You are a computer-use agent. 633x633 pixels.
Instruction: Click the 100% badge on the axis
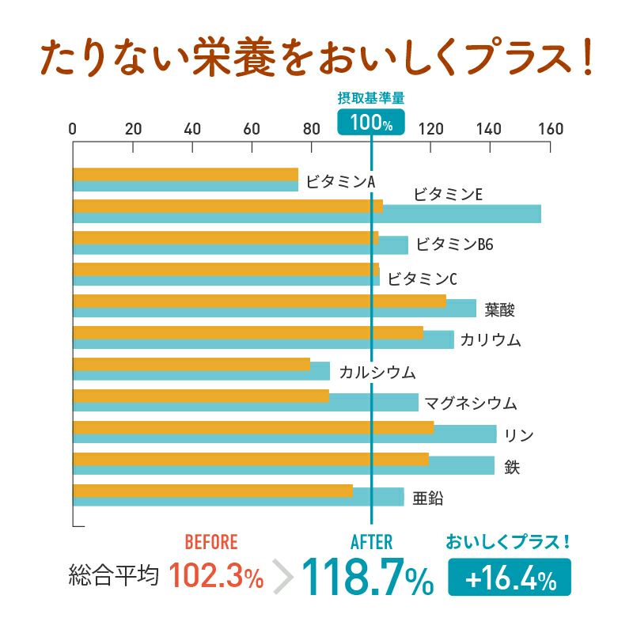pos(371,123)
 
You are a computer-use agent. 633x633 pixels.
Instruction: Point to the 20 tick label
pos(133,129)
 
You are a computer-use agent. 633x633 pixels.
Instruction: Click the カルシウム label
pos(377,372)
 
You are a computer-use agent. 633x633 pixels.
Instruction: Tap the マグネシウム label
pos(470,404)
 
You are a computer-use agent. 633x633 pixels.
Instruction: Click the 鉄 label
pos(512,467)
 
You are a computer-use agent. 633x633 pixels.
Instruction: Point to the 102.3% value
pos(215,576)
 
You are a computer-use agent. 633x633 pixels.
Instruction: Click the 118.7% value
pos(367,576)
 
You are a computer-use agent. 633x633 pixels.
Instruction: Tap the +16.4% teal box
pos(509,578)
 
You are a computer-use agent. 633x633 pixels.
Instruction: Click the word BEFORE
pos(210,542)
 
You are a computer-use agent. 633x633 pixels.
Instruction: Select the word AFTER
pos(371,542)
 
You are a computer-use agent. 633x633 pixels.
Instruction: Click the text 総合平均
pos(114,576)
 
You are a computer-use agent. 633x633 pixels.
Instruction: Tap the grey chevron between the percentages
pos(282,578)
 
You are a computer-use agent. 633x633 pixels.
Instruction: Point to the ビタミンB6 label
pos(453,244)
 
